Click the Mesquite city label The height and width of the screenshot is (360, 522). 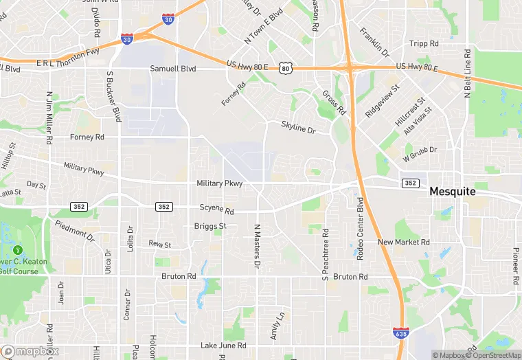pyautogui.click(x=452, y=192)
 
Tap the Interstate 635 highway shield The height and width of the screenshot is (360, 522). pyautogui.click(x=401, y=333)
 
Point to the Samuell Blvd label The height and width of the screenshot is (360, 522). pyautogui.click(x=174, y=69)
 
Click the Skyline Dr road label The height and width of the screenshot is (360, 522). pyautogui.click(x=297, y=127)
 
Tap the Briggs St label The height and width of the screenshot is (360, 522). pyautogui.click(x=210, y=225)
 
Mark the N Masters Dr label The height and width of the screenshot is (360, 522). pyautogui.click(x=258, y=245)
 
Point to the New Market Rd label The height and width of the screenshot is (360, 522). pyautogui.click(x=404, y=242)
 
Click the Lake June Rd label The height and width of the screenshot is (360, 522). pyautogui.click(x=223, y=346)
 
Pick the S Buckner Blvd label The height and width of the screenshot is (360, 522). pyautogui.click(x=113, y=96)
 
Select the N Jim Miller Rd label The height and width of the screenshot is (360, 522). pyautogui.click(x=49, y=118)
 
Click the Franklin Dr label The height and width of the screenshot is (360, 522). pyautogui.click(x=374, y=42)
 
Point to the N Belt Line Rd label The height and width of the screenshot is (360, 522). pyautogui.click(x=467, y=74)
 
